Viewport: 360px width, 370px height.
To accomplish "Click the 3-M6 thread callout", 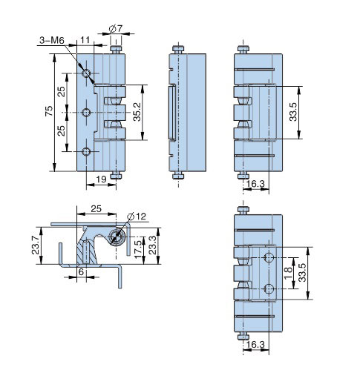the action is (52, 40).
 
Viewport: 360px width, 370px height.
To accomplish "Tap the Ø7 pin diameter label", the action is (116, 29).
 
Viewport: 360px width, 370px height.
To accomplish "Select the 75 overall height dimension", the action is (49, 111).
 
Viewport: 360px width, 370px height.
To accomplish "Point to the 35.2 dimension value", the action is (137, 112).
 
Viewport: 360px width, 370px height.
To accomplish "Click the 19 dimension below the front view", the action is (101, 179).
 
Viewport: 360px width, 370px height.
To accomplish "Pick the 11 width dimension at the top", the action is (85, 40).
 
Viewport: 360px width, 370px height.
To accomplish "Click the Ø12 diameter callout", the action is (137, 217).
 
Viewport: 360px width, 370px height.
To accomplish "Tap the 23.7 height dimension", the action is (36, 245).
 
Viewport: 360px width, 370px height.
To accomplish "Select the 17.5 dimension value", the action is (138, 249).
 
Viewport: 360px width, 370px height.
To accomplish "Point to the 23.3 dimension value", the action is (153, 245).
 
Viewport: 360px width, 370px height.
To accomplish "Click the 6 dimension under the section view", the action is (81, 272).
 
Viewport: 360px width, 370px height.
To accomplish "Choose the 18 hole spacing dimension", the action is (288, 273).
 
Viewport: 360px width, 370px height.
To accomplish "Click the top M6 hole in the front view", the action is (86, 73).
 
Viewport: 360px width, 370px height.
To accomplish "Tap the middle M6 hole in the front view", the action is (86, 113).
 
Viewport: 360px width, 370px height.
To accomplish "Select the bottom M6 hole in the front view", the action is (86, 151).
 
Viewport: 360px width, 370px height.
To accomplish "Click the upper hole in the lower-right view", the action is (269, 257).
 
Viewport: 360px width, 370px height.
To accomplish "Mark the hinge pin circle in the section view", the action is (117, 237).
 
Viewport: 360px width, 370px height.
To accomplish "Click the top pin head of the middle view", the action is (178, 49).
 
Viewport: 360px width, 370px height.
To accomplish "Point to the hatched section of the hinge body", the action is (86, 252).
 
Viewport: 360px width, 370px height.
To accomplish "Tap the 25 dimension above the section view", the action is (96, 209).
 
